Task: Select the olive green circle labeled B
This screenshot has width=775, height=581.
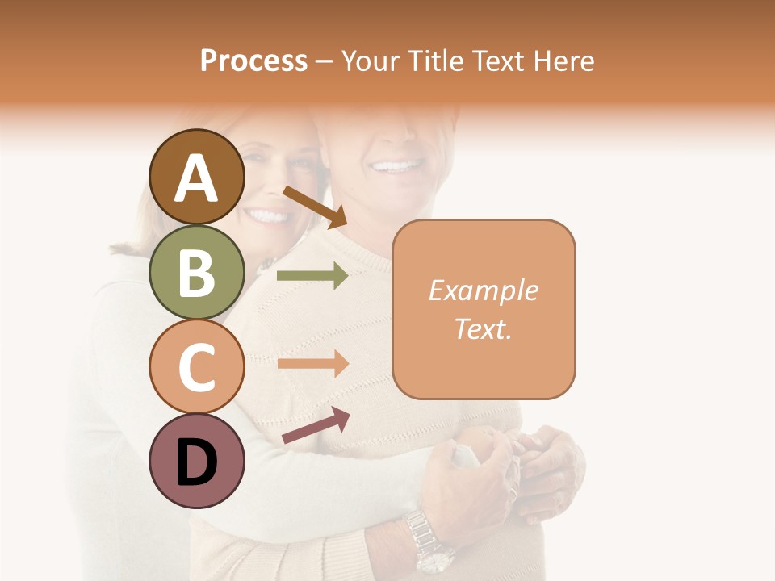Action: pyautogui.click(x=196, y=272)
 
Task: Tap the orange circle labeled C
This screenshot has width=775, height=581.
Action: pyautogui.click(x=196, y=366)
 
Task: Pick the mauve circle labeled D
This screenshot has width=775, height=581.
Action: pyautogui.click(x=196, y=461)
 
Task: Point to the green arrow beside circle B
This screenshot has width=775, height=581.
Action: pyautogui.click(x=312, y=276)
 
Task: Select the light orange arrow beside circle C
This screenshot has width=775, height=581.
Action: pyautogui.click(x=312, y=363)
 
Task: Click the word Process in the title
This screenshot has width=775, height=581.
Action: pyautogui.click(x=253, y=61)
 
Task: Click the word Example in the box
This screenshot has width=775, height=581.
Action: pyautogui.click(x=483, y=290)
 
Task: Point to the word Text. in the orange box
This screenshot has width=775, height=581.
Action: pyautogui.click(x=483, y=328)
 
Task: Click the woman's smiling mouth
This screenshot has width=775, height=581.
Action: pyautogui.click(x=269, y=216)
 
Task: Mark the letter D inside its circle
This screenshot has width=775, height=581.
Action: pyautogui.click(x=196, y=462)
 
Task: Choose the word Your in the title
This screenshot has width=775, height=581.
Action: pyautogui.click(x=370, y=61)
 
